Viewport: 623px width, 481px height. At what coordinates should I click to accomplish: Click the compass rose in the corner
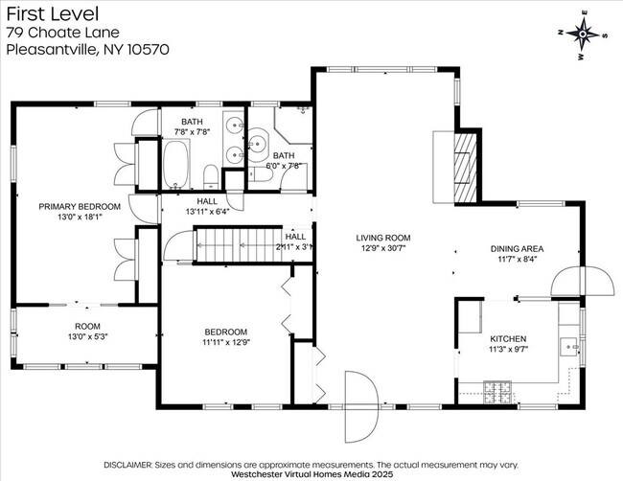[x=583, y=34]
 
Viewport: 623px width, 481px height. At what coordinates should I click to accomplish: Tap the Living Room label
[x=383, y=238]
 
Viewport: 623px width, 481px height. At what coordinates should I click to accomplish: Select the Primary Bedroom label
[x=80, y=207]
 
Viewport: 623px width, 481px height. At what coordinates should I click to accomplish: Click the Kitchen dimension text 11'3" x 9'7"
[x=508, y=349]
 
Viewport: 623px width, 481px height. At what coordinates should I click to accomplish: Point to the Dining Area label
[x=517, y=248]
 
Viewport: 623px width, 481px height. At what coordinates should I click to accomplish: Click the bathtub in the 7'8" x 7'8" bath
[x=175, y=164]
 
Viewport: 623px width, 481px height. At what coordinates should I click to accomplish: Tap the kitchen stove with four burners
[x=497, y=393]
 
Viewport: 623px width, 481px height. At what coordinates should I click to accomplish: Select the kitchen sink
[x=569, y=347]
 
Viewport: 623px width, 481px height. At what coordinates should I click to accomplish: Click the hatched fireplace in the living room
[x=465, y=168]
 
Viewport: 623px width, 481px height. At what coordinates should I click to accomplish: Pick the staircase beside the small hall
[x=240, y=244]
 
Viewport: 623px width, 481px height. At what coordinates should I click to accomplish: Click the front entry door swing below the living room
[x=361, y=406]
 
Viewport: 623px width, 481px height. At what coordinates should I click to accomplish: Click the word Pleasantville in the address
[x=52, y=50]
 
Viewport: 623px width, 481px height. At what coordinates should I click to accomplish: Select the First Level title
[x=53, y=14]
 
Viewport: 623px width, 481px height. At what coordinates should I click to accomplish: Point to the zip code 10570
[x=148, y=49]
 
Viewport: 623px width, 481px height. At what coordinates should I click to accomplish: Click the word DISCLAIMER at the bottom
[x=127, y=465]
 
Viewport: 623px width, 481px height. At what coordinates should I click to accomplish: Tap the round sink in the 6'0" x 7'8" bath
[x=258, y=140]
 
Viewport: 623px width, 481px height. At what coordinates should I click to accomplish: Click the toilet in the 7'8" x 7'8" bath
[x=211, y=177]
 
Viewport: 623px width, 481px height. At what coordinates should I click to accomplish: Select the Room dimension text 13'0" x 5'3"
[x=88, y=337]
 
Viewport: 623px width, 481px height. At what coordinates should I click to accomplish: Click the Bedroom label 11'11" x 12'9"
[x=226, y=337]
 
